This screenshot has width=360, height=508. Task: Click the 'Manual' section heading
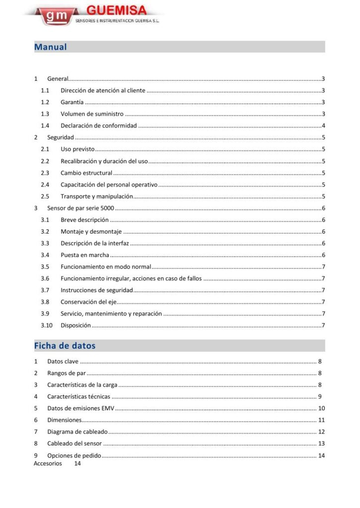(x=50, y=47)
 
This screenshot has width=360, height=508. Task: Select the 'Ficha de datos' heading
(x=65, y=345)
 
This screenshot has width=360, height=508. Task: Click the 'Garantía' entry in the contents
(x=72, y=102)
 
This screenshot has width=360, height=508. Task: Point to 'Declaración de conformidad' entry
(x=98, y=126)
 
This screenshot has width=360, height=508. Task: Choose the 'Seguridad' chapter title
(x=60, y=137)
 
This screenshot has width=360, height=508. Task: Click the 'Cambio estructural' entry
(x=86, y=173)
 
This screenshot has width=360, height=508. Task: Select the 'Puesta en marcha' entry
(x=85, y=255)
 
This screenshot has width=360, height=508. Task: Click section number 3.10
(x=47, y=325)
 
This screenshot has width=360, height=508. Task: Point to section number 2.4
(x=45, y=185)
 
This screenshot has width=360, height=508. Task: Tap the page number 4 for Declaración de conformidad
(x=323, y=126)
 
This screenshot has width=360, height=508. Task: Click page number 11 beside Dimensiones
(x=321, y=420)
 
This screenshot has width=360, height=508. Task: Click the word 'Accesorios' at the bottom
(x=48, y=463)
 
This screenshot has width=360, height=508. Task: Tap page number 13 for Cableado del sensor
(x=321, y=444)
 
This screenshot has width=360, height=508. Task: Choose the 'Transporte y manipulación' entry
(x=97, y=196)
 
